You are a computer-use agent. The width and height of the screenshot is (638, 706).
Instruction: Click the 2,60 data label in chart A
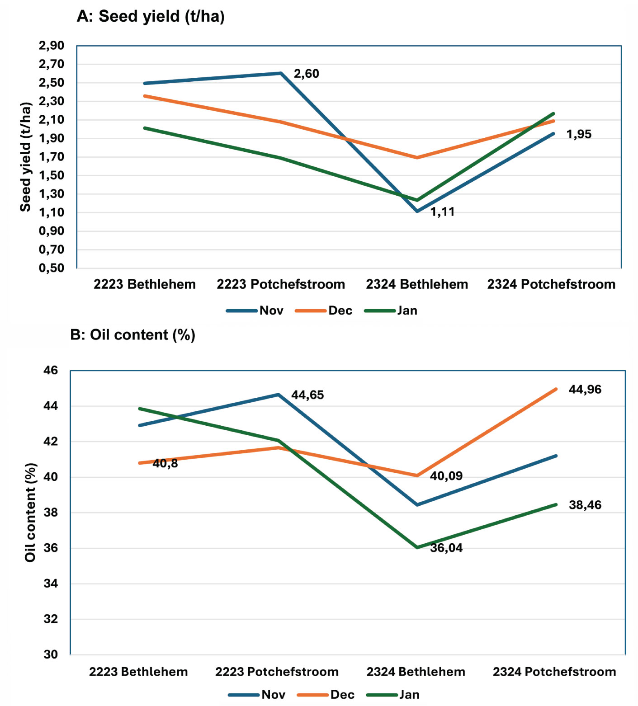(306, 74)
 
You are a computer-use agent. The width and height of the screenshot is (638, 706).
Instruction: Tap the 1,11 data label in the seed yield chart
(442, 212)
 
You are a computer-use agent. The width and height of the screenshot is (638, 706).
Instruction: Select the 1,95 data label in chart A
(578, 134)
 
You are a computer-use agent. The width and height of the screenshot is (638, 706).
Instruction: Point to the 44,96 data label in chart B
(585, 390)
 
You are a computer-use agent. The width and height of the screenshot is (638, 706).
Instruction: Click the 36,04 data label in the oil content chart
(446, 548)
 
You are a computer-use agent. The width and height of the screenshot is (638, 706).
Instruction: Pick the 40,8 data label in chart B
(165, 464)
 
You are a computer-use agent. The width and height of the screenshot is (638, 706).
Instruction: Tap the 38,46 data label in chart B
(585, 505)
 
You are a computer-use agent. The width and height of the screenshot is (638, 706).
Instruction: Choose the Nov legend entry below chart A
(271, 311)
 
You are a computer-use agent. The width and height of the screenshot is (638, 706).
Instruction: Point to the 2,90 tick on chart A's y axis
(51, 46)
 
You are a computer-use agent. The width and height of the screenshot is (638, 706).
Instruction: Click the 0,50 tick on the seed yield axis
(51, 268)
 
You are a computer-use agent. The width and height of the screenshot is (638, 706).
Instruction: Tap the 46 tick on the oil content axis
(51, 371)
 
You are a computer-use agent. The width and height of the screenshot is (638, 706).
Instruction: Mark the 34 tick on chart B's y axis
(51, 584)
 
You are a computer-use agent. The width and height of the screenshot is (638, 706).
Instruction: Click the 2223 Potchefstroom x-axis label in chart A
(280, 284)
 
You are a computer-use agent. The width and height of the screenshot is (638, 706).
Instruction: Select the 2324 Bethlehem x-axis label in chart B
(416, 672)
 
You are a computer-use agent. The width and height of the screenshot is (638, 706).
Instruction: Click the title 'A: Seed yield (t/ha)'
(151, 16)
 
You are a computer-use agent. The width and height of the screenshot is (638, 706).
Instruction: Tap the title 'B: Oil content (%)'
(132, 335)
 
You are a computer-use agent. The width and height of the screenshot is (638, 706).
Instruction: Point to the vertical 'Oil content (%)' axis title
(30, 512)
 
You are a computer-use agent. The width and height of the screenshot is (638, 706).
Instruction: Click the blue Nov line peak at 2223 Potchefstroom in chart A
(281, 73)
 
